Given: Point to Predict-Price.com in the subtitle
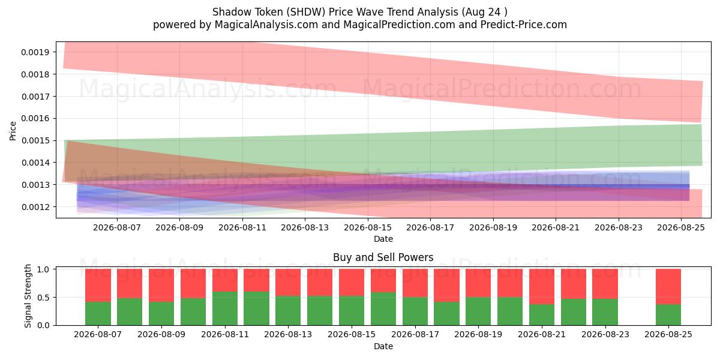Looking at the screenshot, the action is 524,25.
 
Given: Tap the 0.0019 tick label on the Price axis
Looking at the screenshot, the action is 35,52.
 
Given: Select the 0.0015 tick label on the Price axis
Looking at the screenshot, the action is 35,140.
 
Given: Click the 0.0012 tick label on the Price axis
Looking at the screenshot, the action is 35,207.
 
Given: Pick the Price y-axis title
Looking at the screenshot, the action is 13,131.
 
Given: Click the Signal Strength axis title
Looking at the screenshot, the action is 28,296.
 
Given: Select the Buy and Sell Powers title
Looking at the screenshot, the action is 383,257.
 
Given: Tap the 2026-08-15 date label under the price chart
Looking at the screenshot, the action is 368,227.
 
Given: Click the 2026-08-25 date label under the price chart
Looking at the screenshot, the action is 681,227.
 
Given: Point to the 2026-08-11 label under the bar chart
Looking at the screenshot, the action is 225,334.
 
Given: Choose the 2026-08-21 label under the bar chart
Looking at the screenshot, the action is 542,334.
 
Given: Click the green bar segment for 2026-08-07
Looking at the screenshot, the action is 98,313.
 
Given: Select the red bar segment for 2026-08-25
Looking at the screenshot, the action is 668,287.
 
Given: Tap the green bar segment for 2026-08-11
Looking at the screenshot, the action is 225,308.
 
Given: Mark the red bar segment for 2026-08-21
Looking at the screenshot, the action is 542,287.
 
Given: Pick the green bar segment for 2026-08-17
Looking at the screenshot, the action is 415,311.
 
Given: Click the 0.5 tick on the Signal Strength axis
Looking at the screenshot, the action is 43,298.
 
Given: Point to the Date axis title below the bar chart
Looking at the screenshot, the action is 383,346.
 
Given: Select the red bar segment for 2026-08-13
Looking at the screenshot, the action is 289,283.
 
